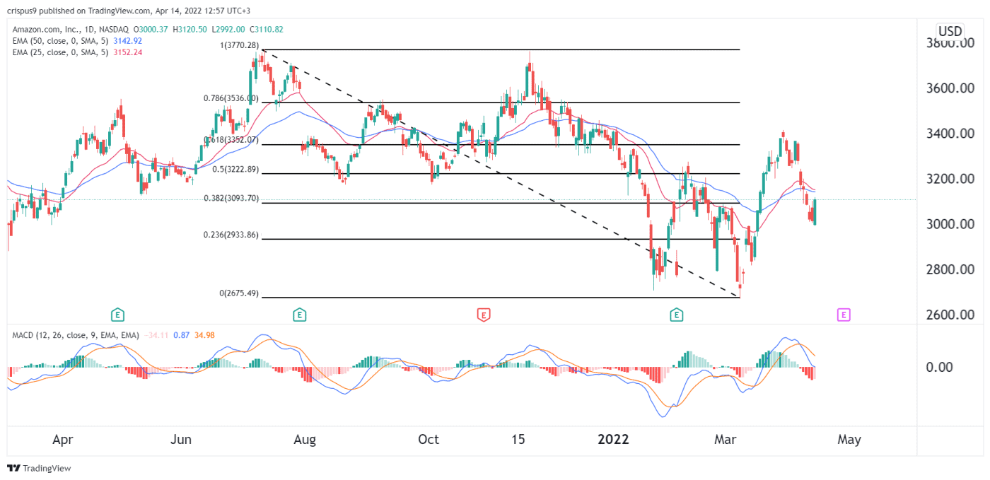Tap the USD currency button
pyautogui.click(x=949, y=31)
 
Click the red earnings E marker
pyautogui.click(x=484, y=314)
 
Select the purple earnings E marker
pyautogui.click(x=843, y=314)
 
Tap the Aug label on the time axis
pyautogui.click(x=305, y=440)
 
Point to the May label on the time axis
pyautogui.click(x=849, y=440)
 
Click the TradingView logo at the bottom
pyautogui.click(x=40, y=468)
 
